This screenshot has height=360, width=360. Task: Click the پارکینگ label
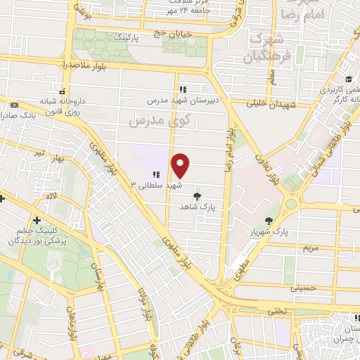131,34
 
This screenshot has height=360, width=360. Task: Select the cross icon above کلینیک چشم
37,221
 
